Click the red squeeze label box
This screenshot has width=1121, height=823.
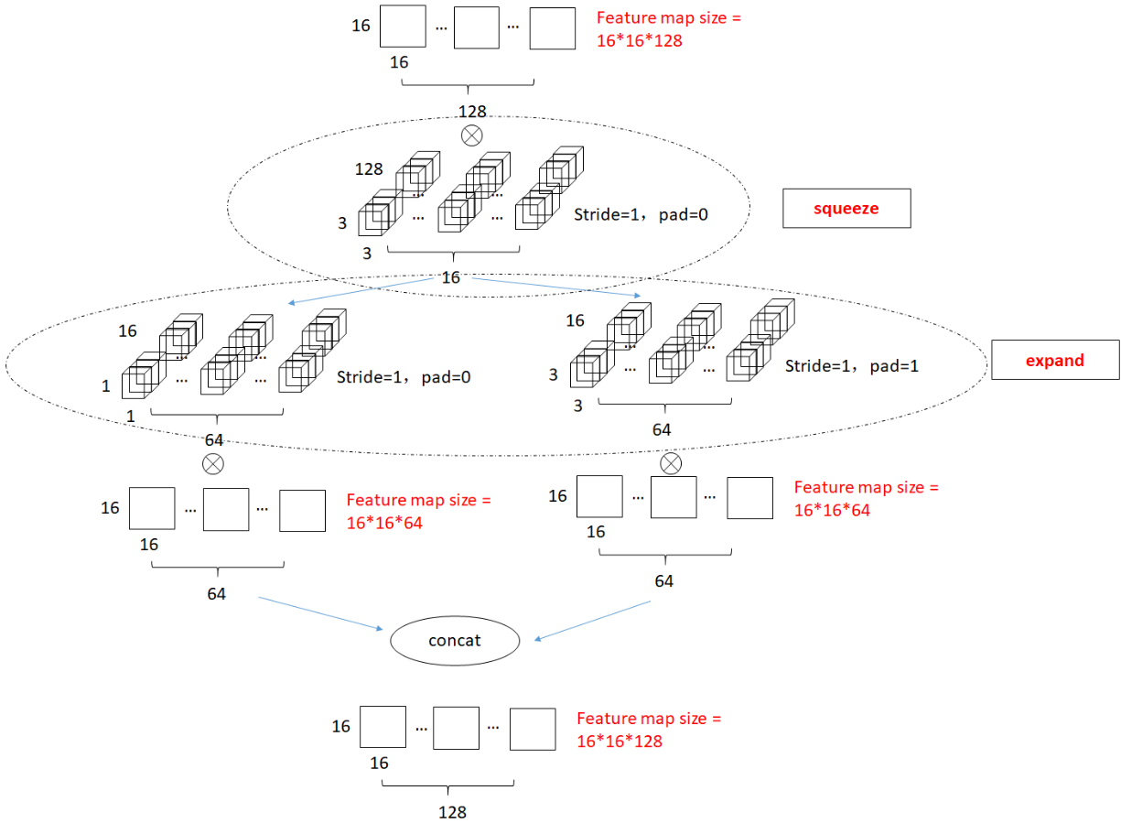[846, 209]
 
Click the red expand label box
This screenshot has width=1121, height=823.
[1054, 360]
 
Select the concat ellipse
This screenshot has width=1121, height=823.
[455, 640]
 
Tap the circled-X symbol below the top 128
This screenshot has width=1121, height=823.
[471, 135]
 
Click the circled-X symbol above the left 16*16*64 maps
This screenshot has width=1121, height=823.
[212, 464]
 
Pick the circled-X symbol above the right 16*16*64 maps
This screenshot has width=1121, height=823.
[671, 463]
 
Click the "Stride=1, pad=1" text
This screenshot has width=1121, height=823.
[851, 365]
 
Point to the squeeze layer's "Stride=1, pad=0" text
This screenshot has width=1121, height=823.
[641, 214]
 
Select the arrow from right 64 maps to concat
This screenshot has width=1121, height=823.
[592, 620]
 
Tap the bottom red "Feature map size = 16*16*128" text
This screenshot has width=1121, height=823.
[649, 730]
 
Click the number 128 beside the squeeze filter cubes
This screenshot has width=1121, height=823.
[369, 169]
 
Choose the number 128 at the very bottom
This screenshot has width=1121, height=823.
[452, 812]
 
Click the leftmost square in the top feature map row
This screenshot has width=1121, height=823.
[403, 27]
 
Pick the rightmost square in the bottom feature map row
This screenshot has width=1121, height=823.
[533, 729]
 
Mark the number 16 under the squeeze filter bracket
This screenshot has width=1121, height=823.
[450, 277]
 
